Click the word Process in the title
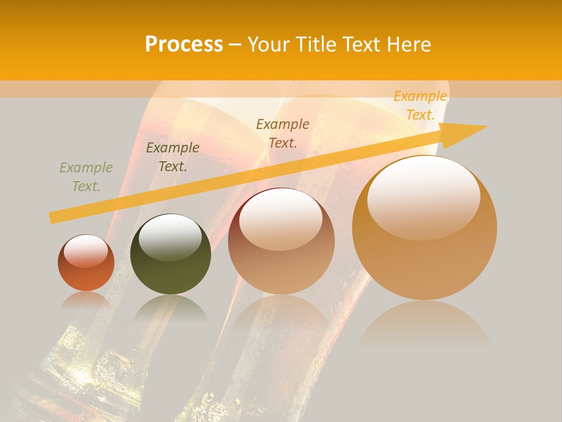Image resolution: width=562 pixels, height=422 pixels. click(x=184, y=45)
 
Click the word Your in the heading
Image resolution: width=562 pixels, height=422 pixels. click(x=268, y=45)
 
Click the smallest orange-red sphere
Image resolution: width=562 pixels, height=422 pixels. click(x=86, y=263)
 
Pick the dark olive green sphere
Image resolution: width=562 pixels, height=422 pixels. click(x=170, y=254)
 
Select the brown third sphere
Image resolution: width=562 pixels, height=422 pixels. click(x=282, y=241)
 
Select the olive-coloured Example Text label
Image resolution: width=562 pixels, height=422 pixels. click(x=86, y=177)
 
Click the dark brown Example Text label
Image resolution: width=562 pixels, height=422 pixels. click(x=173, y=157)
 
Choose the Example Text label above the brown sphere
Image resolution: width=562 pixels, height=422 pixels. click(x=283, y=133)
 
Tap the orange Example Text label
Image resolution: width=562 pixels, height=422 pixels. click(x=420, y=105)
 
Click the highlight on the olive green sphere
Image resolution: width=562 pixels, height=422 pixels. click(x=170, y=237)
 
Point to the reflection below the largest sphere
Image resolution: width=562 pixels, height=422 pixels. click(x=424, y=325)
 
